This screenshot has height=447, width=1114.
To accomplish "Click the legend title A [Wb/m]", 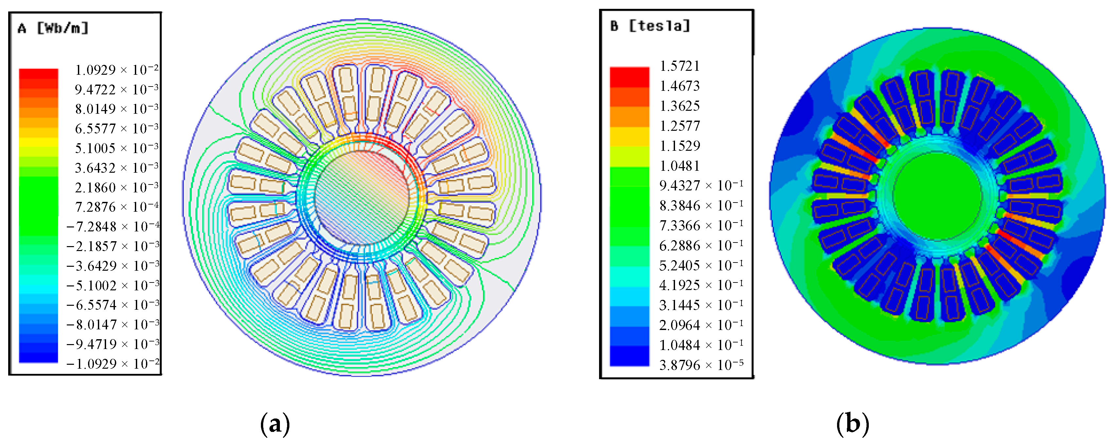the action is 53,29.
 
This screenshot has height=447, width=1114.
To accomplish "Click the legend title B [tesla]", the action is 650,26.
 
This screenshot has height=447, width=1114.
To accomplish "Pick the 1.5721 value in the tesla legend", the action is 679,66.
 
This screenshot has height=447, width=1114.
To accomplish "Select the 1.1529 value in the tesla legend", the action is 679,146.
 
